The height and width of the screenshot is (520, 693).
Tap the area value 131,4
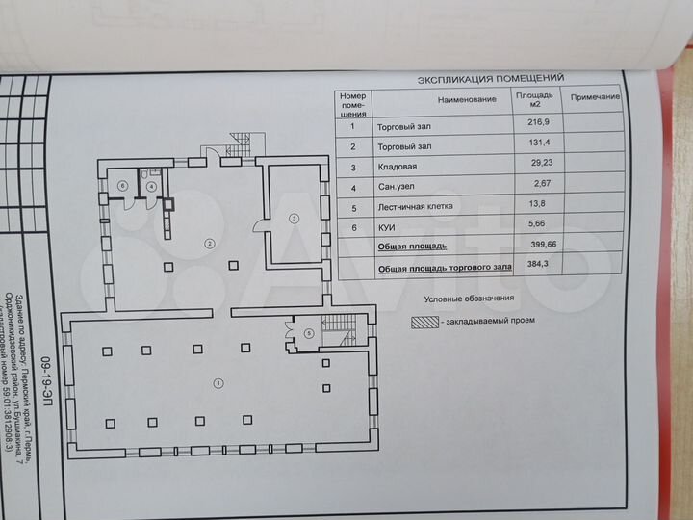(x=540, y=146)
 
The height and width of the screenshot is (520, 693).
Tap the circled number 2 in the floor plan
(x=207, y=245)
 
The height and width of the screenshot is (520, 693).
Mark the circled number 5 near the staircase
(x=308, y=333)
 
